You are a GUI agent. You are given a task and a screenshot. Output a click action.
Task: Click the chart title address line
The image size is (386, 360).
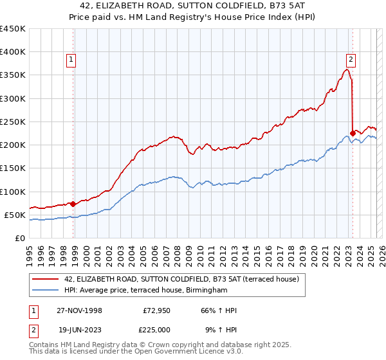(x=192, y=5)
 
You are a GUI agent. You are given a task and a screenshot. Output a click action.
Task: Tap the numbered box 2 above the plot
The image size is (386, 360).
(x=351, y=60)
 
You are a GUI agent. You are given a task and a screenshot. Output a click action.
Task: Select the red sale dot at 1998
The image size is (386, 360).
(x=73, y=204)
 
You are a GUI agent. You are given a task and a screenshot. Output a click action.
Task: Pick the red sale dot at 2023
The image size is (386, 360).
(x=353, y=134)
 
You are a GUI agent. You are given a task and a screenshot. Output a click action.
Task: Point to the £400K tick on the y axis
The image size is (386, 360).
(x=13, y=52)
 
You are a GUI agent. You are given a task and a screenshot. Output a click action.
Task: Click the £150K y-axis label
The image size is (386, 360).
(x=13, y=168)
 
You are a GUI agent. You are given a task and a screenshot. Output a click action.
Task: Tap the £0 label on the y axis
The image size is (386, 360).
(x=19, y=238)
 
